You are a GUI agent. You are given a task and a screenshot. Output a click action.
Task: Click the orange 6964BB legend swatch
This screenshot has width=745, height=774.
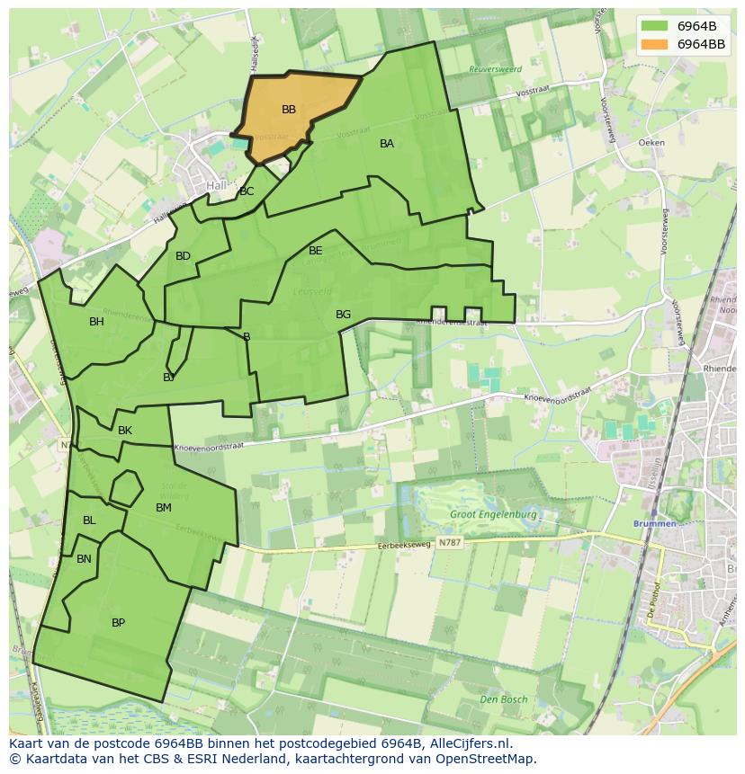click(x=655, y=44)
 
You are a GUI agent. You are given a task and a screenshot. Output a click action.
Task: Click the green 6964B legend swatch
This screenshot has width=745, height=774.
click(x=655, y=25)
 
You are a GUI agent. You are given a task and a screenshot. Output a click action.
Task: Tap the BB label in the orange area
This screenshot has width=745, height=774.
click(x=289, y=110)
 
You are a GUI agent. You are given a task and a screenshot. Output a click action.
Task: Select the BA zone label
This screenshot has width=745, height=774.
click(x=387, y=144)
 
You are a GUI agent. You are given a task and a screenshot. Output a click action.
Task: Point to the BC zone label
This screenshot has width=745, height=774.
click(x=247, y=191)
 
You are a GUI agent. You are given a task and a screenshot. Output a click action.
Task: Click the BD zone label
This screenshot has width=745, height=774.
click(x=183, y=256)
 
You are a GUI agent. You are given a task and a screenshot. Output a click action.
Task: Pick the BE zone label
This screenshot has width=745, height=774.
click(x=316, y=251)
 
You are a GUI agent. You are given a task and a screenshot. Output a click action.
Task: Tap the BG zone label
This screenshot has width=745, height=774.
click(x=343, y=315)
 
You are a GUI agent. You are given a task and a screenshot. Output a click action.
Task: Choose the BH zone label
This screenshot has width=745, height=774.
click(x=96, y=322)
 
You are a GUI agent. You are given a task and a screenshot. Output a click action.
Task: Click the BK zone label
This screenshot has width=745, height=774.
click(x=125, y=431)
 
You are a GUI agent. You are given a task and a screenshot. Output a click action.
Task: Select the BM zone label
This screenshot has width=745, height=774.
click(x=163, y=508)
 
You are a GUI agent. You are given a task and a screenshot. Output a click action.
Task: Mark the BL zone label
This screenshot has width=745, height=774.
click(x=89, y=520)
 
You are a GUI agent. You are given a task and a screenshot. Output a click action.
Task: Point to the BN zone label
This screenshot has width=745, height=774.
click(x=84, y=559)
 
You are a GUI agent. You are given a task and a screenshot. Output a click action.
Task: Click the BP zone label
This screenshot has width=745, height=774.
click(x=118, y=623)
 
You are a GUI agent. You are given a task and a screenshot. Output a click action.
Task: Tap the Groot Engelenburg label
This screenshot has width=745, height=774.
click(x=493, y=515)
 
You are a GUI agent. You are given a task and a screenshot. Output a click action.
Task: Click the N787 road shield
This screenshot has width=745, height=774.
click(x=450, y=543)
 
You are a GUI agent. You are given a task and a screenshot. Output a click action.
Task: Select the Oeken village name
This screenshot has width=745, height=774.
click(x=651, y=143)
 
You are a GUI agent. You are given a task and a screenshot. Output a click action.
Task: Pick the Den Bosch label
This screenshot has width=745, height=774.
click(x=503, y=699)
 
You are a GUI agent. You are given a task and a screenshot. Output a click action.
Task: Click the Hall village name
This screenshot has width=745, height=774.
click(x=217, y=185)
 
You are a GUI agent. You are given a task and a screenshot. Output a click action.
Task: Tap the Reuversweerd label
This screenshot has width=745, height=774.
click(x=495, y=69)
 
